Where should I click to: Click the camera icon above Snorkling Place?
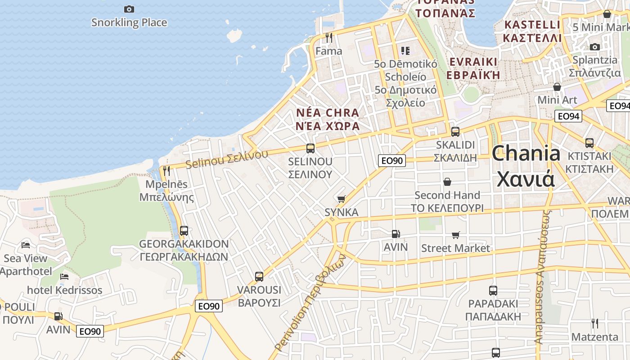[129, 9]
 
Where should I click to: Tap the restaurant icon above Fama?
[329, 37]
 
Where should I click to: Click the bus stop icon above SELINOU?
[310, 148]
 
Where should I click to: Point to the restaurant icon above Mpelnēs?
[166, 171]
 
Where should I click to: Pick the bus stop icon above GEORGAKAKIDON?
[184, 231]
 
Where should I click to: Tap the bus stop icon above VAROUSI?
[259, 276]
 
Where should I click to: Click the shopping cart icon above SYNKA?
[342, 199]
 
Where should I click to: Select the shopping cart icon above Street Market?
[456, 235]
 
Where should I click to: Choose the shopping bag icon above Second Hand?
[447, 182]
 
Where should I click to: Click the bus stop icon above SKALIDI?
[455, 131]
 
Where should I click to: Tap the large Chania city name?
[526, 166]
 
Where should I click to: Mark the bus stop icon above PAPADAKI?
[493, 290]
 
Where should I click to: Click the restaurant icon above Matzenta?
[594, 323]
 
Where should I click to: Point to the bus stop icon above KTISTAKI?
[589, 143]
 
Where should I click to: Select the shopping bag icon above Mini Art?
[557, 87]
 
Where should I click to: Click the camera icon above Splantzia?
[594, 47]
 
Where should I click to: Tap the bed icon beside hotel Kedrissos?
[64, 276]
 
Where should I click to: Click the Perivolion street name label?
[310, 301]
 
